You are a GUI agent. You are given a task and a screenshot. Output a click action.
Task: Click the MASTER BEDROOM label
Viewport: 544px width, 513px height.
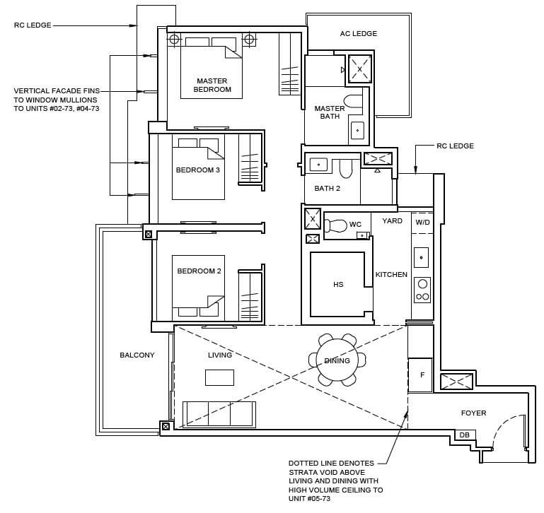click(212, 85)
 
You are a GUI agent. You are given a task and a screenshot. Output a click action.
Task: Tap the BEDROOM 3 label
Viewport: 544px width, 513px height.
click(198, 170)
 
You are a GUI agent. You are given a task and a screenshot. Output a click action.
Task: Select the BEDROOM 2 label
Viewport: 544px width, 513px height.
click(199, 271)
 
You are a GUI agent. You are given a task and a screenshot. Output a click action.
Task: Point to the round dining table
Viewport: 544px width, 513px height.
click(337, 360)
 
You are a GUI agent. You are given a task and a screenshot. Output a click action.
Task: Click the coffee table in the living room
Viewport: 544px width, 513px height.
click(219, 377)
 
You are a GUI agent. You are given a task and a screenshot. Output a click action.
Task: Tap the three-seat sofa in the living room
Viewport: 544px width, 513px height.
click(219, 414)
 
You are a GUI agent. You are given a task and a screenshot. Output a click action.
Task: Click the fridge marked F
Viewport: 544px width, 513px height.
click(420, 375)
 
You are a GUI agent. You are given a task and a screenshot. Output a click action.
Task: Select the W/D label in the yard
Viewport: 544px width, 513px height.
click(422, 222)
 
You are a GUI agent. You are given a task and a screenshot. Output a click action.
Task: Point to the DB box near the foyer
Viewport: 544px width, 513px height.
click(465, 435)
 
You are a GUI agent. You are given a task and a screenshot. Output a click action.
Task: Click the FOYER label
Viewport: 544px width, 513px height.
click(473, 413)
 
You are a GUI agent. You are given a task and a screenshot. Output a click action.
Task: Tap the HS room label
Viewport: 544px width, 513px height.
click(338, 284)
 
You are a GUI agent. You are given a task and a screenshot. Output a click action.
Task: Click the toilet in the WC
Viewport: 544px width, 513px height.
click(336, 225)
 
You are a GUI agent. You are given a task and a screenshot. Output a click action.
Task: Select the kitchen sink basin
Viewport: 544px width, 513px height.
click(421, 257)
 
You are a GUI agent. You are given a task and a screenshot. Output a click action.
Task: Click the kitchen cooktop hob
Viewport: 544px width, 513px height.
click(422, 290)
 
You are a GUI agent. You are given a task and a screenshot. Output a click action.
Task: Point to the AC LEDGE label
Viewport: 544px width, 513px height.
click(359, 34)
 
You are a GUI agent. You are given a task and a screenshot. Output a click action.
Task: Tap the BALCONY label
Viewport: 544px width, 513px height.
click(137, 355)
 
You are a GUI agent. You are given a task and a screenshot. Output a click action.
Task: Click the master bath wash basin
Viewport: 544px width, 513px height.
click(357, 130)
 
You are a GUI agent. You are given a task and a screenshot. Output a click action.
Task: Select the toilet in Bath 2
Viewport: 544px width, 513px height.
click(345, 168)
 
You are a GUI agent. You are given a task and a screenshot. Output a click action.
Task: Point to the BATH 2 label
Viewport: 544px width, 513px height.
click(327, 188)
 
